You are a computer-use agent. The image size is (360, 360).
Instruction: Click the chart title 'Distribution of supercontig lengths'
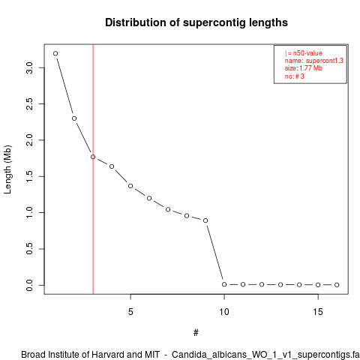(196, 22)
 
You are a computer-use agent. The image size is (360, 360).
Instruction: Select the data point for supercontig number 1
(55, 53)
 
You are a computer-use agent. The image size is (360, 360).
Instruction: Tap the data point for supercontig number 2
(74, 118)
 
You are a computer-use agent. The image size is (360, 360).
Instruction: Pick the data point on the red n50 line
(93, 157)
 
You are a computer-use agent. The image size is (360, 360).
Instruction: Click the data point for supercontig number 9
(205, 220)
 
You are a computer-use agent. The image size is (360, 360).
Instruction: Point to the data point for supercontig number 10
(224, 284)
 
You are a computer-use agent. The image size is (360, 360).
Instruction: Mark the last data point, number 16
(337, 285)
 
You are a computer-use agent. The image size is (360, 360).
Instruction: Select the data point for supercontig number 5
(130, 186)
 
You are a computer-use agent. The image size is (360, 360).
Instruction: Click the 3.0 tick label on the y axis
(29, 67)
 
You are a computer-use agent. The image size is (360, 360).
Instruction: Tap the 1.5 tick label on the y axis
(29, 176)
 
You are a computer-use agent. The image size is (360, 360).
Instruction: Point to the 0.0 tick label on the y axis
(29, 285)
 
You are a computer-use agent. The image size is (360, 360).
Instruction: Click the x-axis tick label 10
(224, 312)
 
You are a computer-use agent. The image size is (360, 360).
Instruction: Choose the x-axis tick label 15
(318, 312)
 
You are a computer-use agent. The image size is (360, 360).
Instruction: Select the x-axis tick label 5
(130, 312)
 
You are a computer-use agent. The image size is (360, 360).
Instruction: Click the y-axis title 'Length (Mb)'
(7, 169)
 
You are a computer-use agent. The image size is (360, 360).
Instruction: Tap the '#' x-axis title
(196, 333)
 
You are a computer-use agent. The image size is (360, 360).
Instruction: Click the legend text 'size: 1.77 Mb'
(304, 68)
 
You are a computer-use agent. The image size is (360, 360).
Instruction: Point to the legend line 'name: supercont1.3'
(314, 61)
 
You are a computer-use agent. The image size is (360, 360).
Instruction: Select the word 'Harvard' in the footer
(107, 355)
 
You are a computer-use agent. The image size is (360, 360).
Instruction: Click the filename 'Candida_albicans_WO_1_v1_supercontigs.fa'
(265, 355)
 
